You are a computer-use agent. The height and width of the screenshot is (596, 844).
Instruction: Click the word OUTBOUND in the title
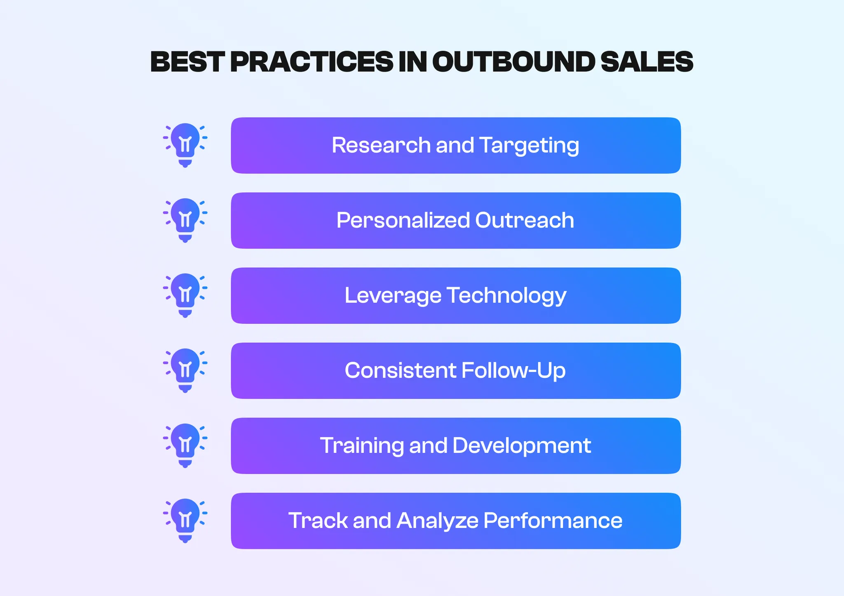(513, 62)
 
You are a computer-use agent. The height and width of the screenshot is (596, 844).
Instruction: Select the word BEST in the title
(187, 62)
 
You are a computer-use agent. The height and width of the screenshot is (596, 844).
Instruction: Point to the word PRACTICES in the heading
(312, 62)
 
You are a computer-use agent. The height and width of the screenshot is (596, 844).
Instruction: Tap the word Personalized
(403, 220)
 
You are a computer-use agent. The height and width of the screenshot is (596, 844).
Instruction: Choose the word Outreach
(525, 220)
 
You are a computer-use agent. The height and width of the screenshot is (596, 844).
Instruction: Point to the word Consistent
(400, 370)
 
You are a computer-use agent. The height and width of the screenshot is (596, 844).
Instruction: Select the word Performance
(553, 521)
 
